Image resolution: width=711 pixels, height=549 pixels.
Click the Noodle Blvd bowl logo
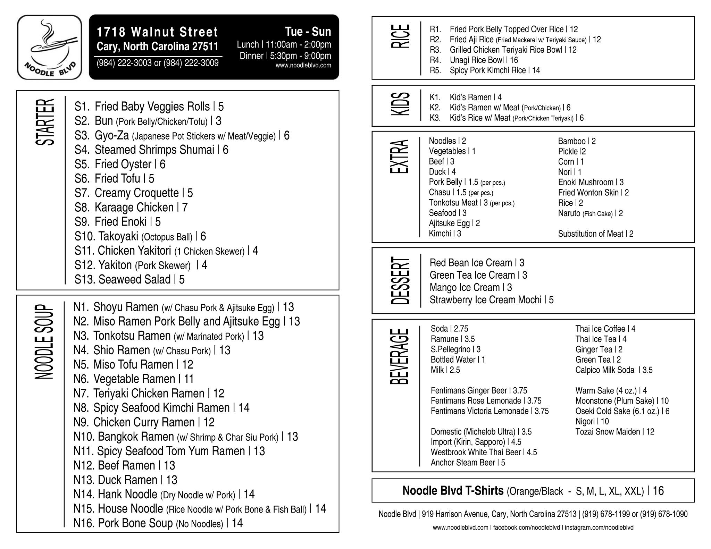click(49, 47)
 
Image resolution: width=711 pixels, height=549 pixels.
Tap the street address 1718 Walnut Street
click(157, 32)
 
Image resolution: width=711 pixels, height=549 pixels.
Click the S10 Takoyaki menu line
click(140, 237)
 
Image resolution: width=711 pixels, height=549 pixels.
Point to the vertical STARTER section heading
click(45, 122)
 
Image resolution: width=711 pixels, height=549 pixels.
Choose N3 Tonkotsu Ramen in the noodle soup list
click(169, 336)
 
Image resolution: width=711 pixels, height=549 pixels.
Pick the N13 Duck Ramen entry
click(125, 480)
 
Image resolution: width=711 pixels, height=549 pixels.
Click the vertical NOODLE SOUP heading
click(44, 342)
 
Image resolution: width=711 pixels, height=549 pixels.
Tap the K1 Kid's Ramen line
click(466, 97)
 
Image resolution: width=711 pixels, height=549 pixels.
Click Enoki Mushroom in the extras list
click(591, 182)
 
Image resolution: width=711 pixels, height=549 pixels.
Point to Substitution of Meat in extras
click(595, 234)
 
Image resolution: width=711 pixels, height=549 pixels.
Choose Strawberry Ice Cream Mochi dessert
click(491, 300)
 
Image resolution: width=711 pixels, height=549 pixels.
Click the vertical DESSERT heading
click(400, 281)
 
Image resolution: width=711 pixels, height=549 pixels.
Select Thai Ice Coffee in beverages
click(605, 329)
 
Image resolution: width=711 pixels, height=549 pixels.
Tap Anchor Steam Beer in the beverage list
click(468, 463)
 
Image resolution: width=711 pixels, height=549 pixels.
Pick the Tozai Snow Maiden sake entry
click(614, 432)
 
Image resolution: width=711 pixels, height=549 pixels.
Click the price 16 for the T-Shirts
click(658, 491)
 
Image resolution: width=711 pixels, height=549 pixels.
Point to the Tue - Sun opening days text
click(308, 32)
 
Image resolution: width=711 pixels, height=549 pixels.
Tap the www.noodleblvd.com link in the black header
click(303, 65)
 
